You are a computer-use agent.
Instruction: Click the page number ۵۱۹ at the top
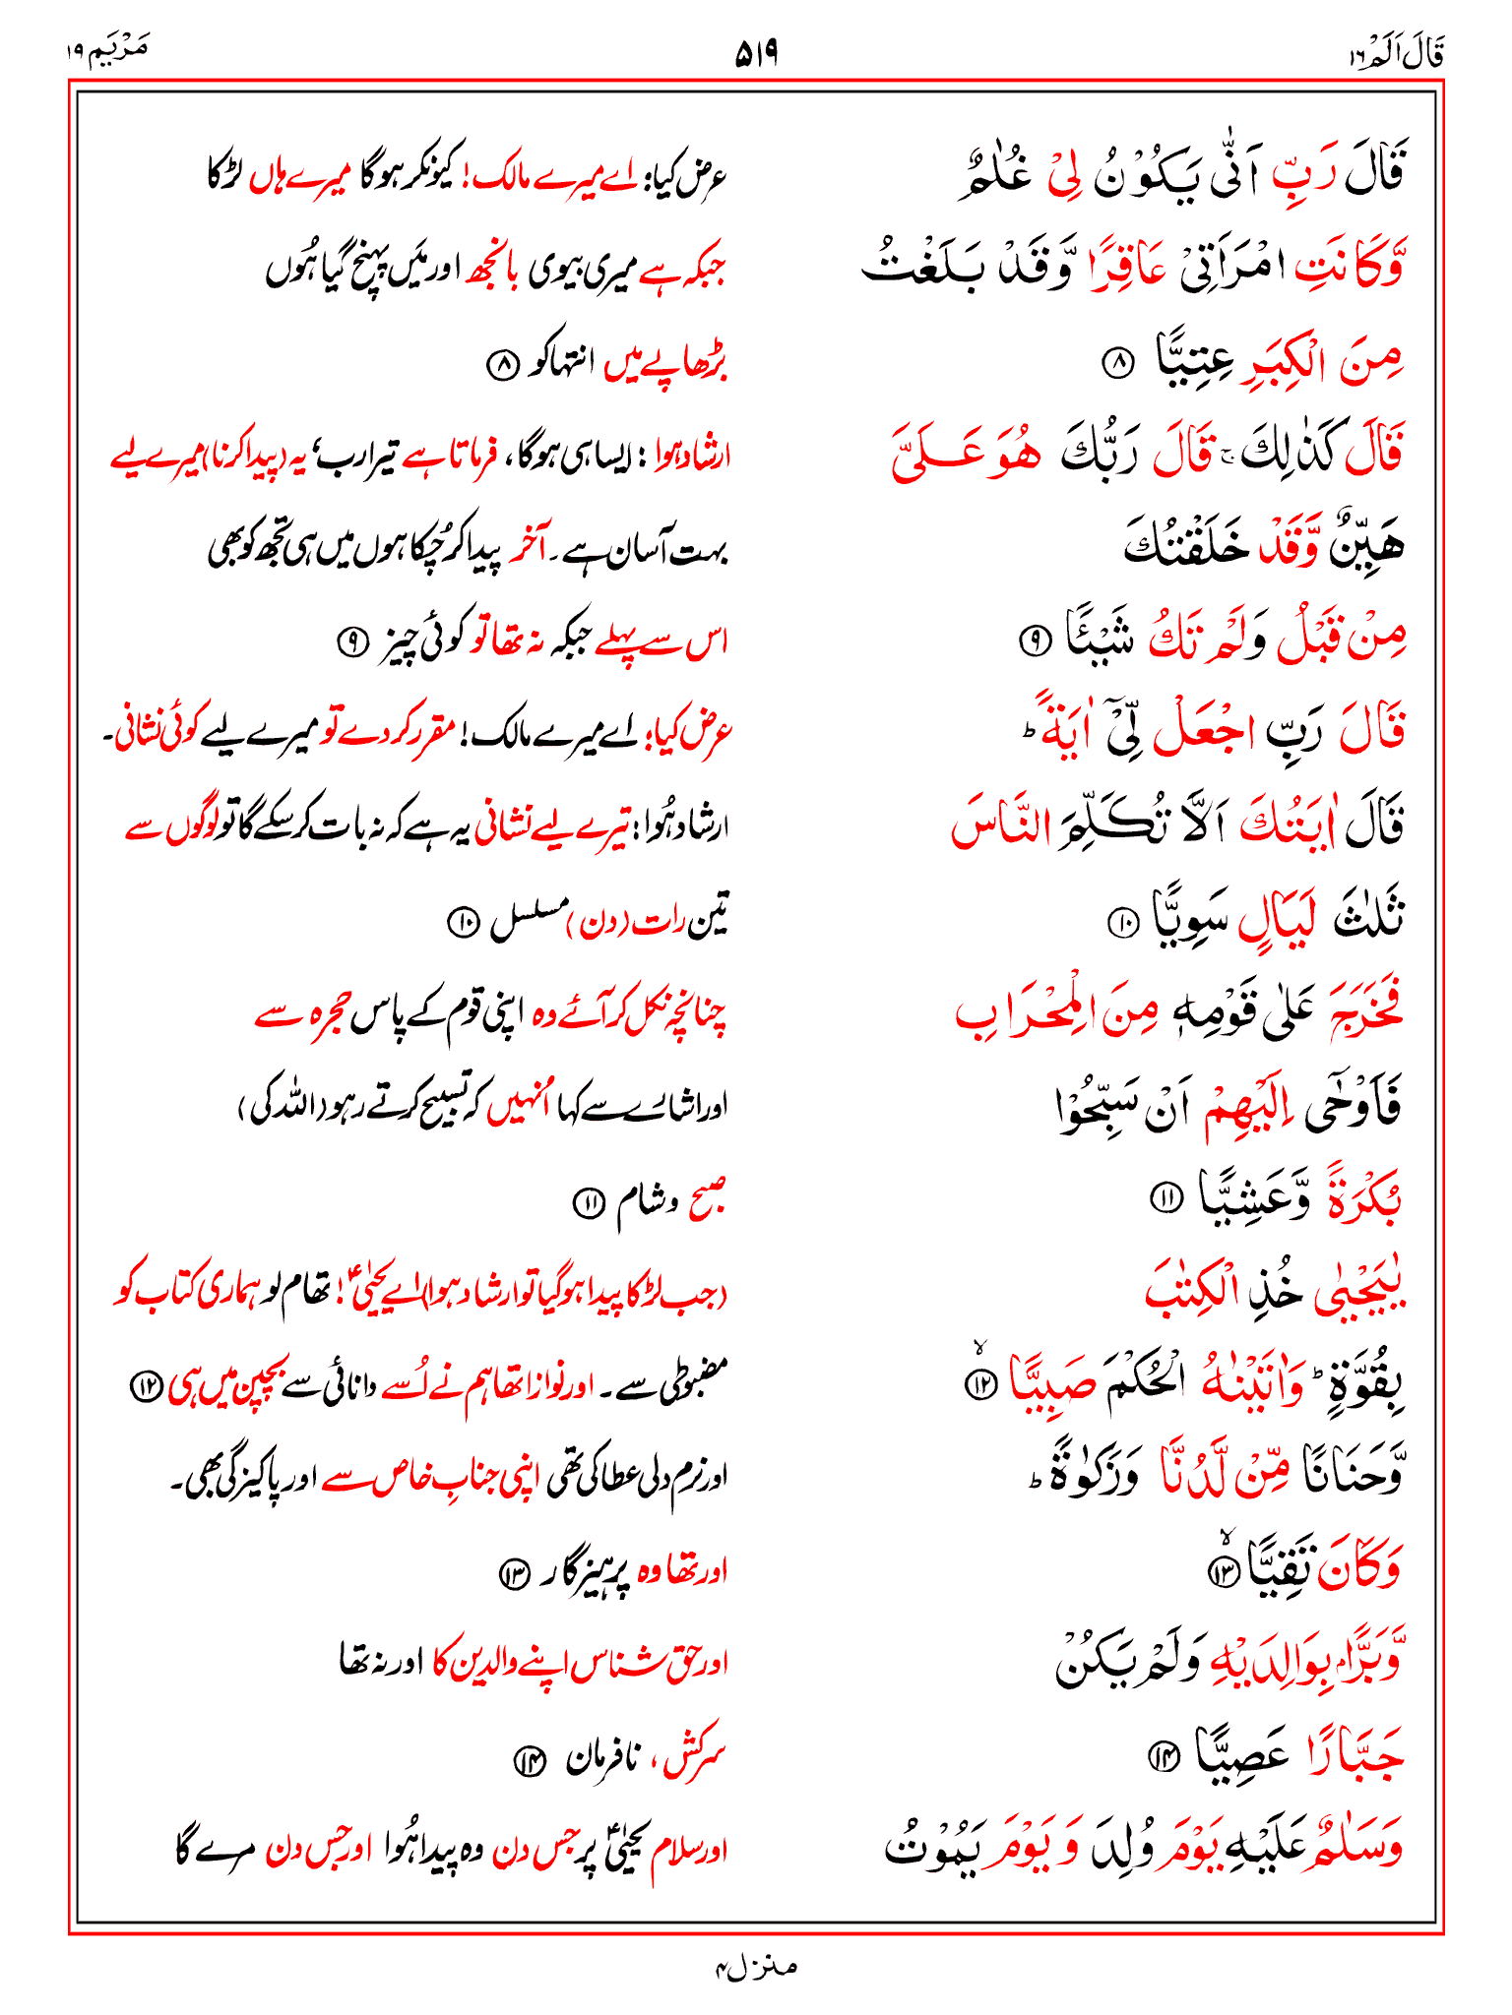[756, 54]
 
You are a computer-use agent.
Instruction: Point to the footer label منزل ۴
[755, 1967]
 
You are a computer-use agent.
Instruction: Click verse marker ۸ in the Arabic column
[1117, 365]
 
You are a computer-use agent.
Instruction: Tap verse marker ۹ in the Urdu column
[351, 643]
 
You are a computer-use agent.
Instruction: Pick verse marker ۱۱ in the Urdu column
[589, 1201]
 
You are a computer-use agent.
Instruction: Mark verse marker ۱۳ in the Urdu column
[515, 1575]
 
